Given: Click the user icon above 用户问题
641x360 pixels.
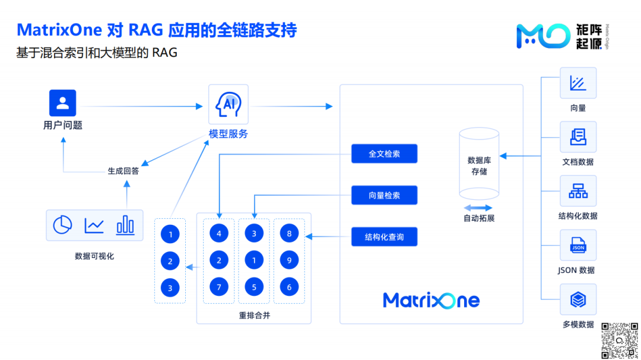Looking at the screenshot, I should click(x=62, y=103).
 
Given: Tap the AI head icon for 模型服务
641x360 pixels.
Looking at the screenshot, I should click(x=229, y=104).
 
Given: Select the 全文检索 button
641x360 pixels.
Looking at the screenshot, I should click(x=384, y=154).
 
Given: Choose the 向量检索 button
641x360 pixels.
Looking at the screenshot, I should click(x=384, y=195).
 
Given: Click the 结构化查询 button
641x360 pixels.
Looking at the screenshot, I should click(x=384, y=237).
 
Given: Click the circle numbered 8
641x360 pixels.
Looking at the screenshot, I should click(x=289, y=234).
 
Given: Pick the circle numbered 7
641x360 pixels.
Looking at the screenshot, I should click(x=219, y=288).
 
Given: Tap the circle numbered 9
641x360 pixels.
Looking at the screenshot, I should click(x=289, y=260).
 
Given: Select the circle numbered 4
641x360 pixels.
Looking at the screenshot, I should click(x=219, y=234).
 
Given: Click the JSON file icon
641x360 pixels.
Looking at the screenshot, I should click(x=578, y=246).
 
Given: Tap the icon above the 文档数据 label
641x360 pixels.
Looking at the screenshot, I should click(x=578, y=137).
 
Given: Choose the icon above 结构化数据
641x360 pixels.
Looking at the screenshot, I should click(x=578, y=191).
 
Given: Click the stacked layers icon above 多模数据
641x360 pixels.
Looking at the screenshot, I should click(x=578, y=300).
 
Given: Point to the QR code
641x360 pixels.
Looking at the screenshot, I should click(x=620, y=340).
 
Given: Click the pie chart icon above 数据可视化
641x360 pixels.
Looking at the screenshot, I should click(x=62, y=225).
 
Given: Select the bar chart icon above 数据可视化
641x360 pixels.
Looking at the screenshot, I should click(x=125, y=225).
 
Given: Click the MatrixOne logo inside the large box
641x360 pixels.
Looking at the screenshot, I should click(x=431, y=300).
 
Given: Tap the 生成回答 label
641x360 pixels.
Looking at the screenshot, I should click(x=123, y=171).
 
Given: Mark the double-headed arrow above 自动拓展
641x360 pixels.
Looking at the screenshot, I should click(x=478, y=208).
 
